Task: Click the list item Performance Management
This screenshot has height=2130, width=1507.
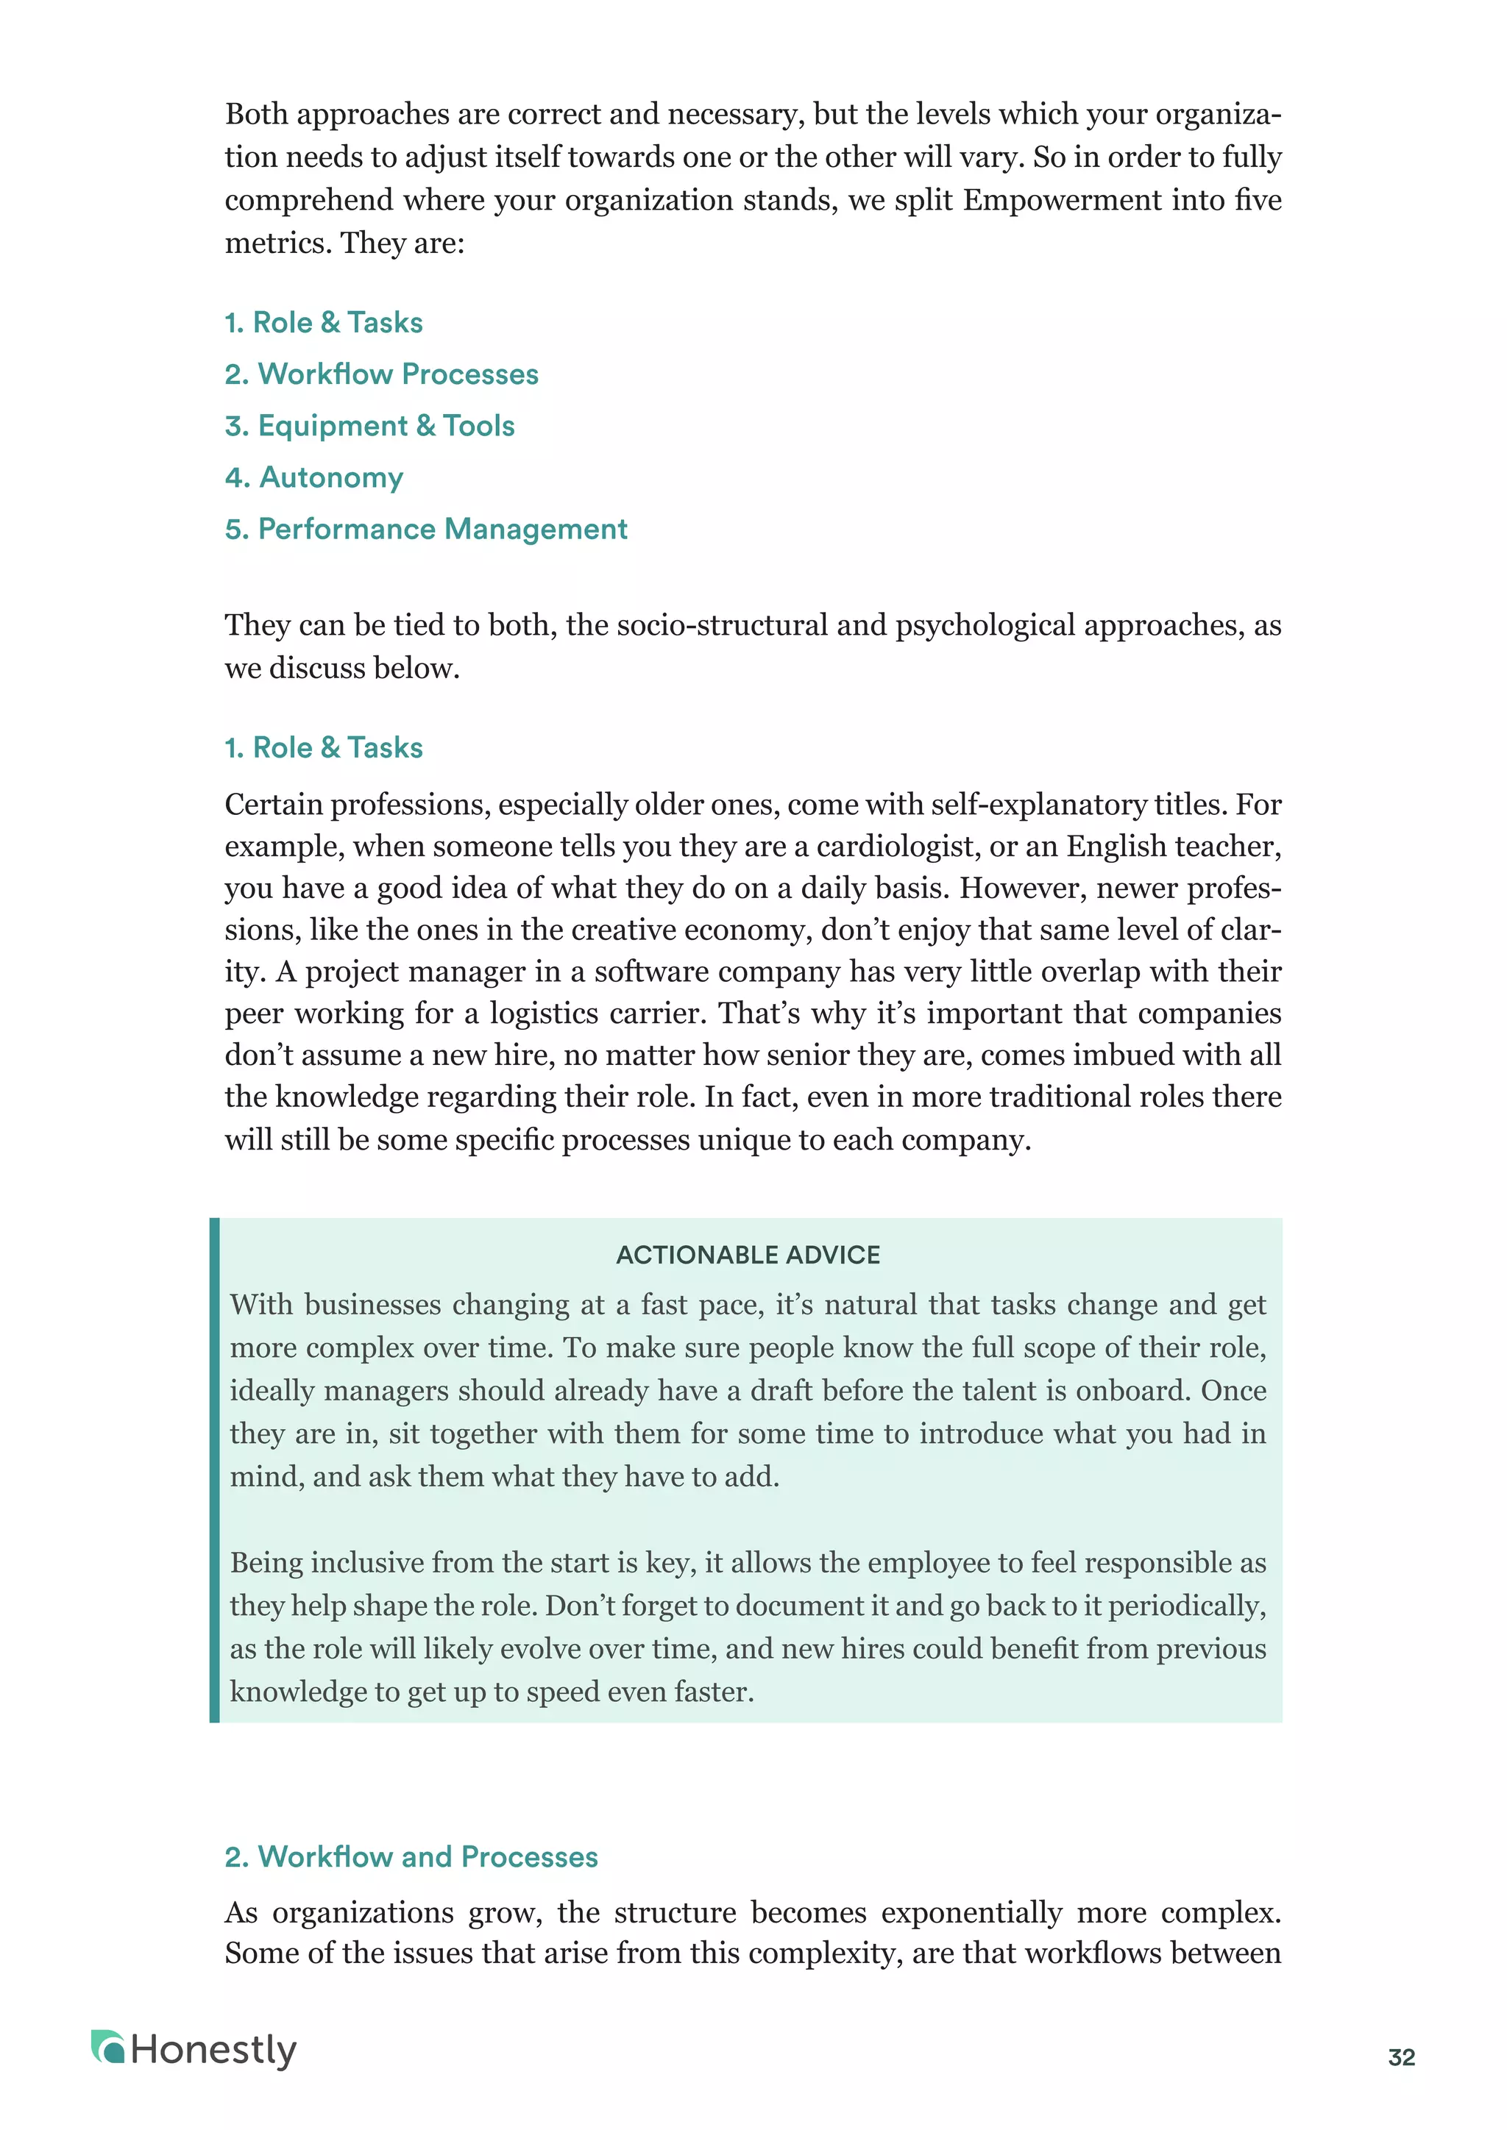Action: pyautogui.click(x=426, y=529)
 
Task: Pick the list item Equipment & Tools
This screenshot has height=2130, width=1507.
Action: pyautogui.click(x=369, y=426)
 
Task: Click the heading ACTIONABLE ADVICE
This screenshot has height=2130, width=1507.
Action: pyautogui.click(x=748, y=1255)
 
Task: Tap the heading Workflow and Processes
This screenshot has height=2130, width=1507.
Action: pyautogui.click(x=411, y=1856)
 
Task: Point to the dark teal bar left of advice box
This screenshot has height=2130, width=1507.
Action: pyautogui.click(x=214, y=1470)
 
